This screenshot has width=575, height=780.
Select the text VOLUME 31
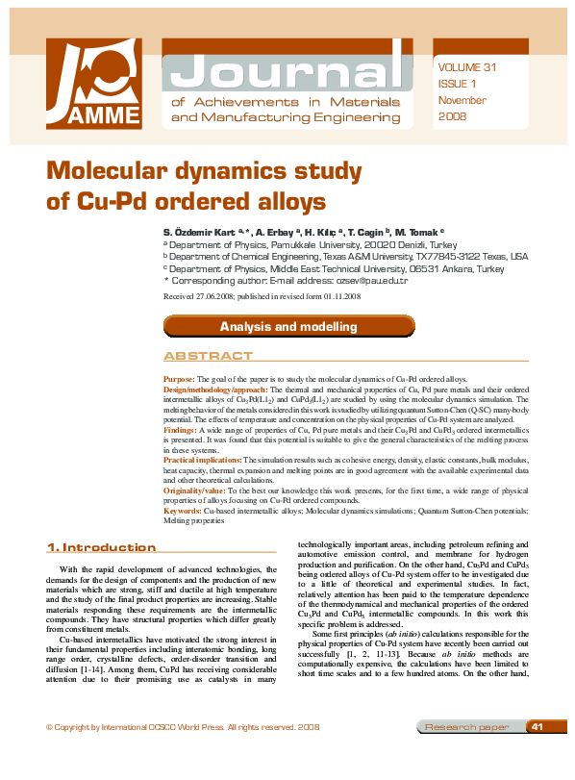tap(467, 67)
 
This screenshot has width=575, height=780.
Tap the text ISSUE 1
tap(456, 84)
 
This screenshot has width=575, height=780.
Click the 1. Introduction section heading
tap(102, 548)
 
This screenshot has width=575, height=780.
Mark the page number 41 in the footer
tap(537, 753)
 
